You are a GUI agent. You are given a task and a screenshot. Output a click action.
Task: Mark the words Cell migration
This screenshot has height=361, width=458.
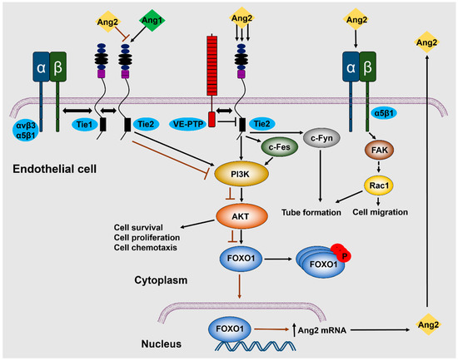(x=380, y=212)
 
